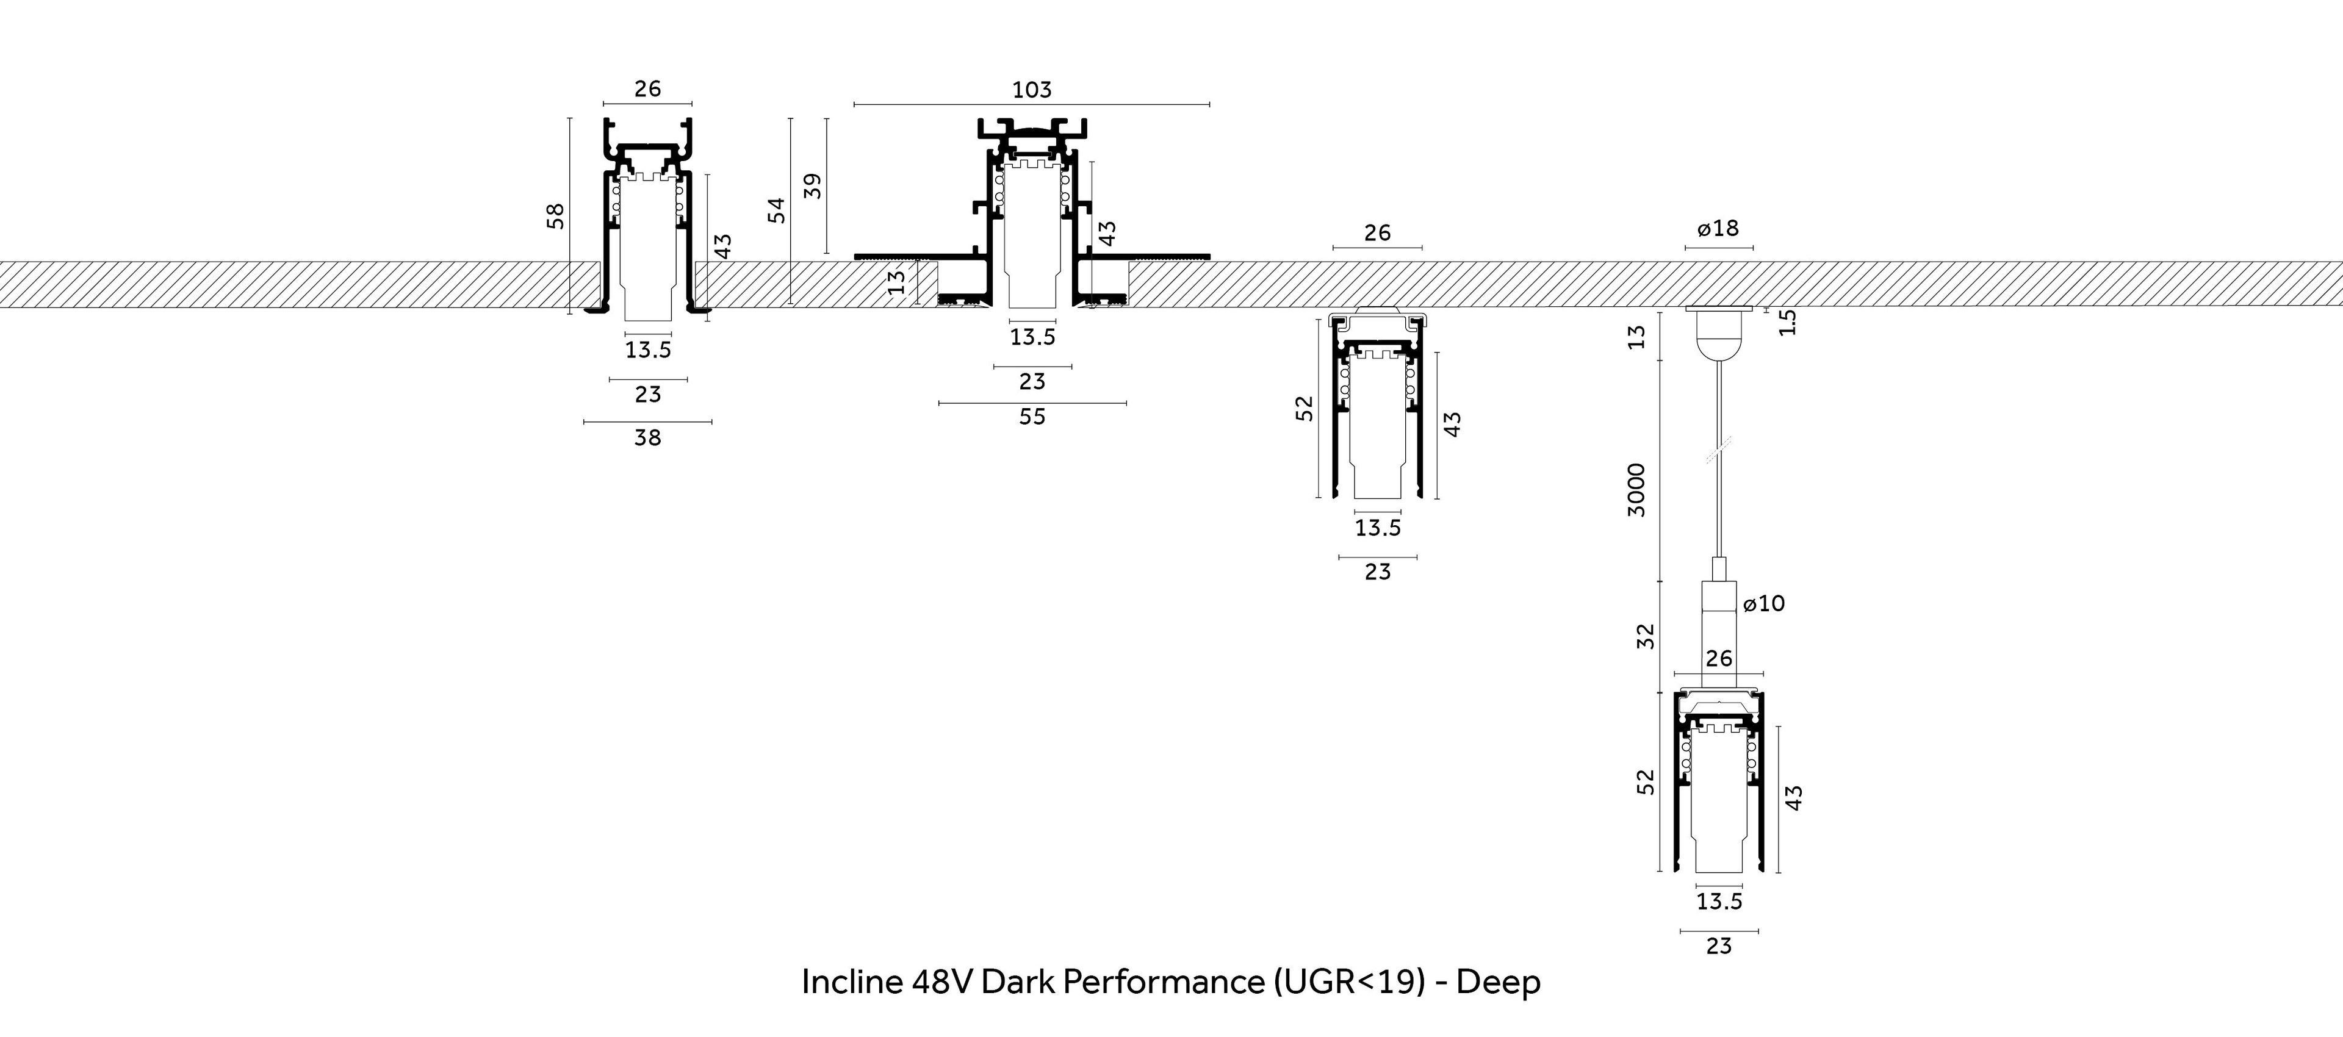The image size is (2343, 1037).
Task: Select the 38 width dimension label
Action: (647, 437)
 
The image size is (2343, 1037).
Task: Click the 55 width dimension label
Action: (1031, 417)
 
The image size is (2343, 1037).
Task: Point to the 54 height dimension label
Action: (776, 210)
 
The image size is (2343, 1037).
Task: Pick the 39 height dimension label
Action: (813, 185)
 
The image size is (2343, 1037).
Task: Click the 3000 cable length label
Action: (1636, 489)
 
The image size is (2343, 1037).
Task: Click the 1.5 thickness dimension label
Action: (1787, 322)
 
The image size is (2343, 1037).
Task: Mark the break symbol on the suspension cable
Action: (1718, 450)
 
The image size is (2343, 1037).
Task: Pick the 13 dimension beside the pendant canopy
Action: (1637, 337)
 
